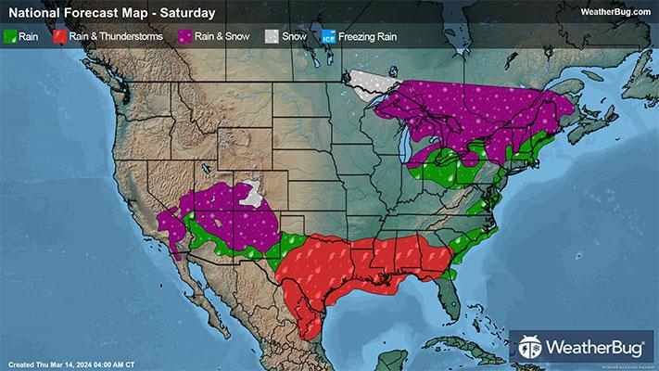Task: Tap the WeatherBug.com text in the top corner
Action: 615,12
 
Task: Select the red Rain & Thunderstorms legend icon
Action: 59,38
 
